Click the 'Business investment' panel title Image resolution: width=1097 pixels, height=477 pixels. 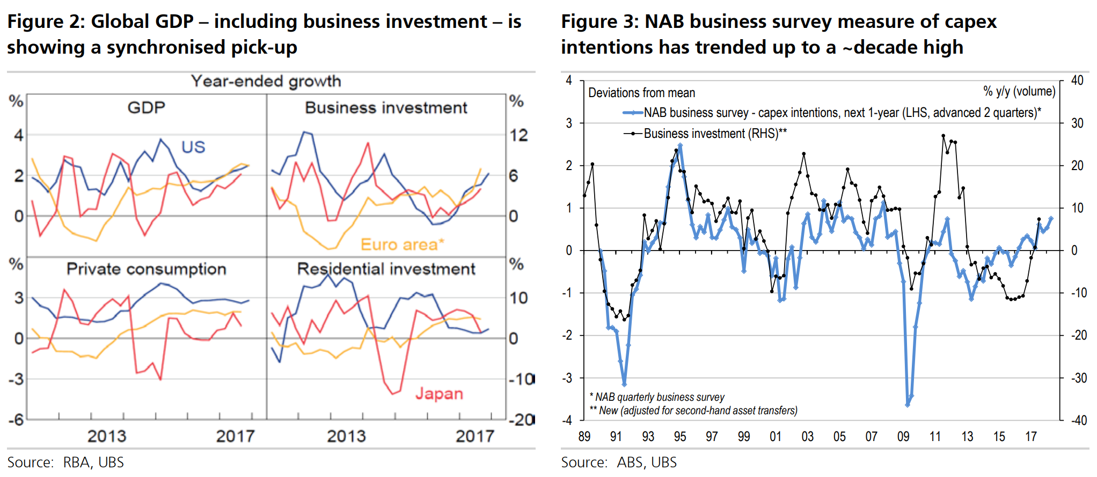(386, 108)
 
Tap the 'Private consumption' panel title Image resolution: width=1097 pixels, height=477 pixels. (146, 269)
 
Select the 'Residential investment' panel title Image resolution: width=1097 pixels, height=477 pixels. (386, 269)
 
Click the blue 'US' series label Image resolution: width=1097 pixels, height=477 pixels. (193, 147)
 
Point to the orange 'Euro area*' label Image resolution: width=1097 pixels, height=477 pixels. (402, 245)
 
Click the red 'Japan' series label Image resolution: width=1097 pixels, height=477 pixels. (439, 394)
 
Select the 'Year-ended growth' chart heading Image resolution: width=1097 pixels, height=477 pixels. (266, 82)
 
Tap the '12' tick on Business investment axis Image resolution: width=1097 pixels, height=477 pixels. (518, 135)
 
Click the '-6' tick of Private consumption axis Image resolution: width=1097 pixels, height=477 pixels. (16, 420)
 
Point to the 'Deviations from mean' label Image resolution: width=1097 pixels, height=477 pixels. (641, 93)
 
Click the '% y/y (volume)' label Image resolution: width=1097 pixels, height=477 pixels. (1019, 91)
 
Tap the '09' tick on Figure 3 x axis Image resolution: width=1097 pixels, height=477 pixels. (903, 437)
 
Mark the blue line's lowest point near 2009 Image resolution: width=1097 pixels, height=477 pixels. (908, 405)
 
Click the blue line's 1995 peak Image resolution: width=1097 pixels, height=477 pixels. (680, 145)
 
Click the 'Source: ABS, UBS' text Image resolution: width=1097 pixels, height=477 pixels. (618, 463)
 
